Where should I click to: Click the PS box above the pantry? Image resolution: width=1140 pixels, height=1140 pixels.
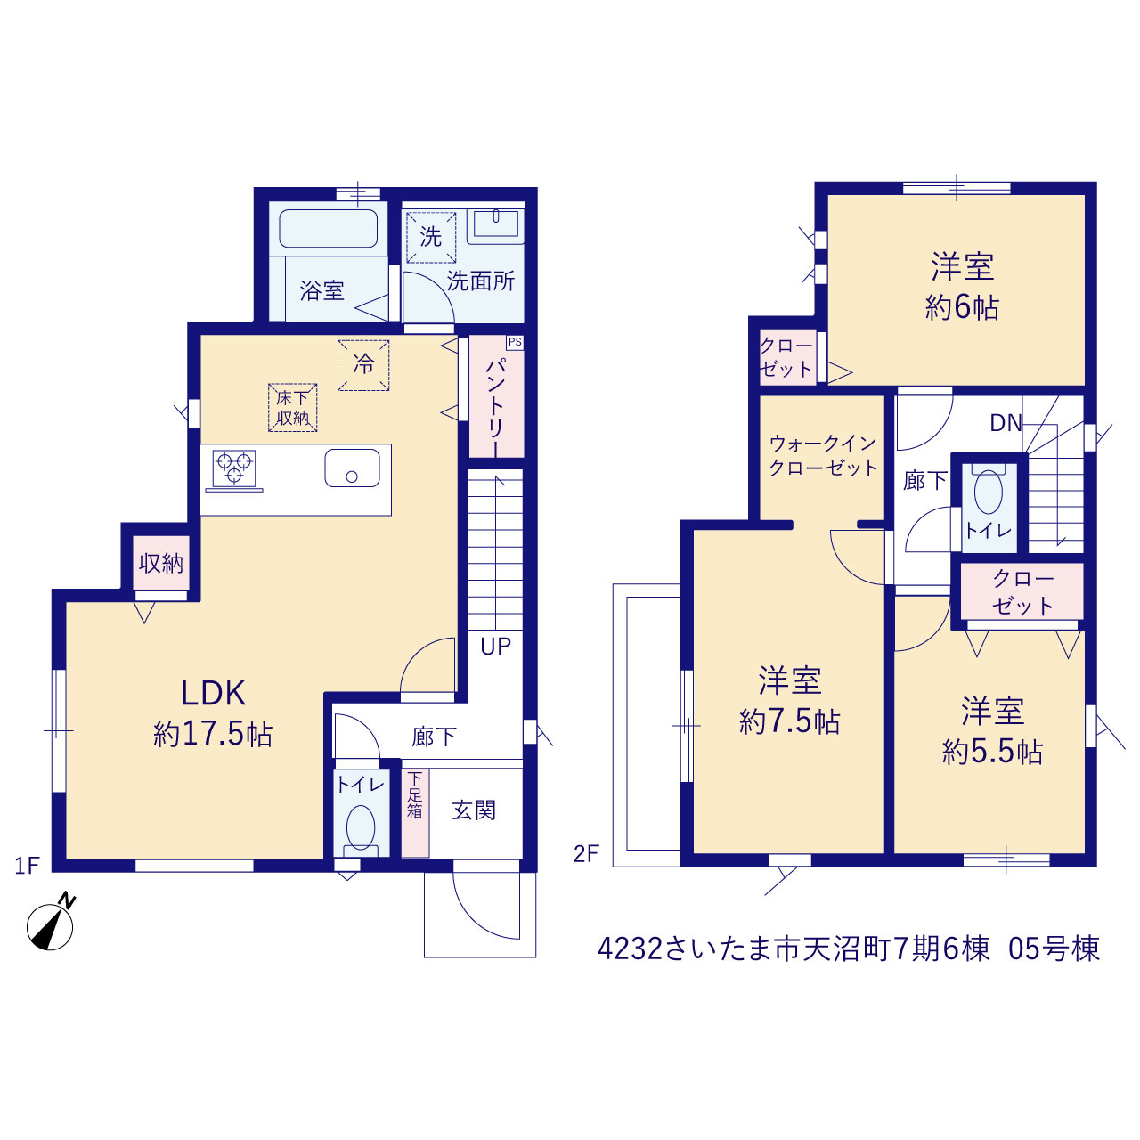(514, 342)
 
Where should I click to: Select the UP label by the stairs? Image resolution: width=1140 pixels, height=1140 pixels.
(495, 647)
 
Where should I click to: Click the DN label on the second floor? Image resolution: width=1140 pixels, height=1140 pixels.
(1006, 423)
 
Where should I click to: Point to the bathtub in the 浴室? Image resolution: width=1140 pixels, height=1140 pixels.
(328, 228)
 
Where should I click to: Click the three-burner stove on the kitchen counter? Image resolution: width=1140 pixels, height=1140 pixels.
(234, 469)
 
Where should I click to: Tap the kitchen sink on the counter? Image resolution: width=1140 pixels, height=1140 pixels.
(352, 468)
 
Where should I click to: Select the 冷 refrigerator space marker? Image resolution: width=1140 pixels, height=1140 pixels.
(363, 365)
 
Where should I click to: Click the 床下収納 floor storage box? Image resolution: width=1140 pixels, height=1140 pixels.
(293, 408)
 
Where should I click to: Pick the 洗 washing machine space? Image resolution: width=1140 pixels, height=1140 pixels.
(431, 237)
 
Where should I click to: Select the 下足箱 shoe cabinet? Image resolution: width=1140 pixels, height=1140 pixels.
(415, 812)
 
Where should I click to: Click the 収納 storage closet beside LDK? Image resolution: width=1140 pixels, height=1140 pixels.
(161, 563)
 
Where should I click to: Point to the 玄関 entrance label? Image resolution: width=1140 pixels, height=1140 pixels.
(473, 810)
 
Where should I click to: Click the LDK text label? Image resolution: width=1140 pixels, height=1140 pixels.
(213, 694)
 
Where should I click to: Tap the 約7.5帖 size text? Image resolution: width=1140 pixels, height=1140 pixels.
(789, 721)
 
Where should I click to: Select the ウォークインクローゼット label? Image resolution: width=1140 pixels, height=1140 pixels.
(822, 455)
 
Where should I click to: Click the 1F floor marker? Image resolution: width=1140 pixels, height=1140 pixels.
(27, 866)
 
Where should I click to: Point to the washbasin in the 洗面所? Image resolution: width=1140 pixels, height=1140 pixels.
(496, 225)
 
